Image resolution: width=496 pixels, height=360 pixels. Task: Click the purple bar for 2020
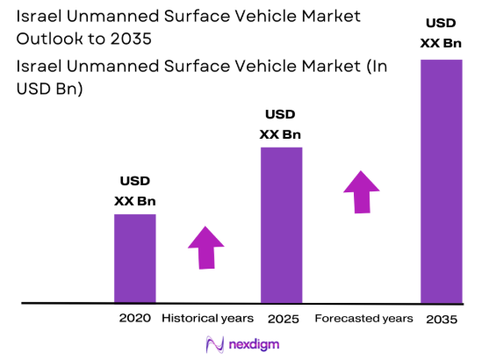click(x=135, y=258)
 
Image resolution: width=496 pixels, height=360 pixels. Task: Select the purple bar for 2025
click(x=281, y=225)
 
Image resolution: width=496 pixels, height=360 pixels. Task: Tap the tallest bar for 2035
click(x=441, y=181)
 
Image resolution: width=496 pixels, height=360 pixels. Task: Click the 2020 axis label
click(x=135, y=317)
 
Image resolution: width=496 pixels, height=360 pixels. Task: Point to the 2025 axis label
click(x=281, y=317)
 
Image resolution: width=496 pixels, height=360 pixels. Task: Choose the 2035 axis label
click(x=441, y=318)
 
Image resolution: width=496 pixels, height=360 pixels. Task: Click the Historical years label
click(x=207, y=317)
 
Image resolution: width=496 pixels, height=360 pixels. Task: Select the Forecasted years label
click(x=363, y=317)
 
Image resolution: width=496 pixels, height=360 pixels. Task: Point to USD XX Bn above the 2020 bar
click(x=135, y=191)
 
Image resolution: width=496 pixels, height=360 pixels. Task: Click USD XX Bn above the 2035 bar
click(x=441, y=32)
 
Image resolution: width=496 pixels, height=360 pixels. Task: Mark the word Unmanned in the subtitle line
click(x=113, y=67)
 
